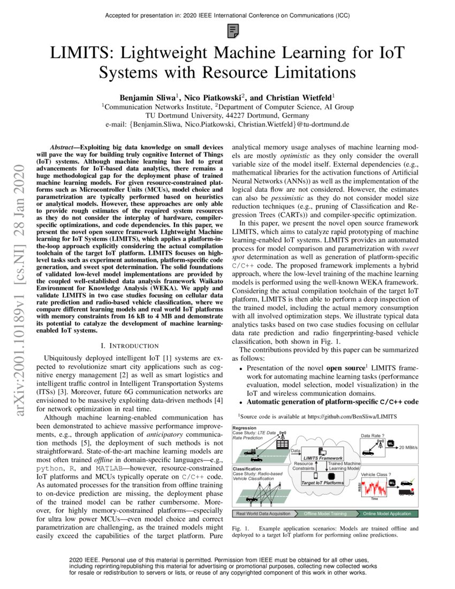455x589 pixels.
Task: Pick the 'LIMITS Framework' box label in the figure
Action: (322, 458)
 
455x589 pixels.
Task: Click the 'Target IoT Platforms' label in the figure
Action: (322, 482)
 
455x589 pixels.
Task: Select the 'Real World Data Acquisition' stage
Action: (263, 514)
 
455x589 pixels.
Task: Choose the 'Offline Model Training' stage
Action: (325, 514)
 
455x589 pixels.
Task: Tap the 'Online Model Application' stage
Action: (387, 514)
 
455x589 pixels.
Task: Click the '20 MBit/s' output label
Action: (409, 448)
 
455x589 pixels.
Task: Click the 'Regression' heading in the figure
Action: (244, 428)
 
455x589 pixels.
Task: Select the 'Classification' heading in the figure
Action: (247, 468)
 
